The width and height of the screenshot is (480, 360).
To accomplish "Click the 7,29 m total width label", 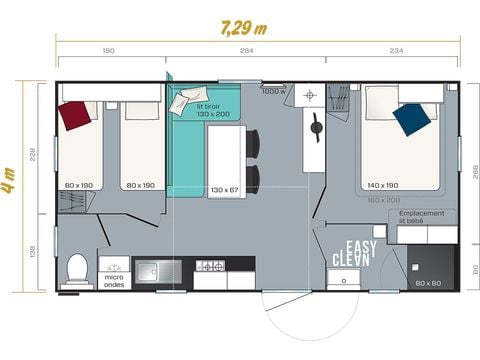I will click(244, 27).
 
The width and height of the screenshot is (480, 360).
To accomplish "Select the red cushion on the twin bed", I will click(76, 116).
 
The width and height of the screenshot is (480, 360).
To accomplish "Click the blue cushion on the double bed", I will click(411, 118).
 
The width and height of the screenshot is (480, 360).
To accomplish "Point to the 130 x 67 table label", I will click(226, 189).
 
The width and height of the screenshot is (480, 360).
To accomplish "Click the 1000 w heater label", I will click(274, 92).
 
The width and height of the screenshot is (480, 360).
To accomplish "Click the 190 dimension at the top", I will click(107, 51).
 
